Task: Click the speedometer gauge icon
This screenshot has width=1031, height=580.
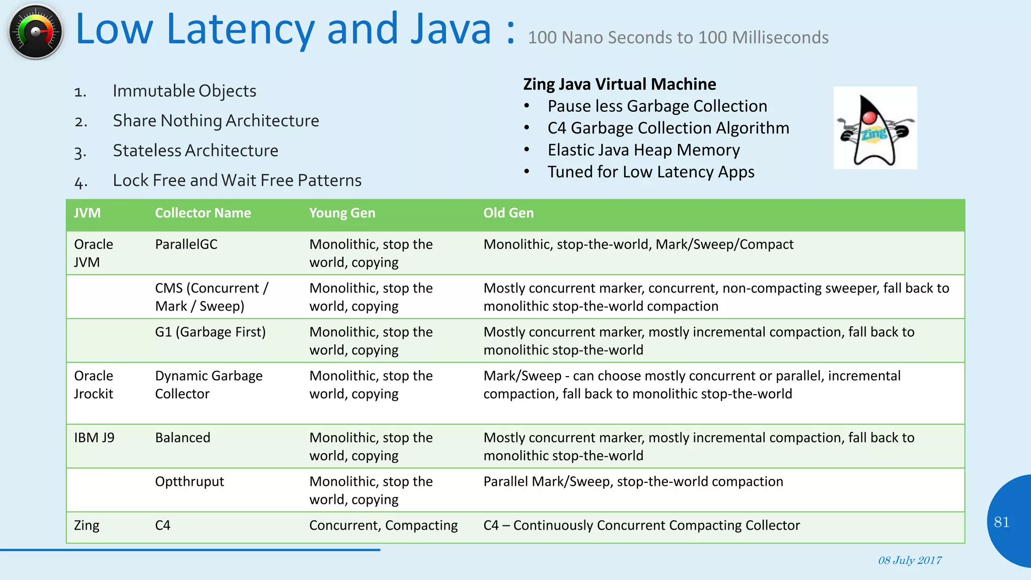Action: [x=36, y=32]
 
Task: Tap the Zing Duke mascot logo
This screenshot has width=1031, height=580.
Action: [x=875, y=128]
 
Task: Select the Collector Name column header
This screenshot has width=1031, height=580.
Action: [x=202, y=213]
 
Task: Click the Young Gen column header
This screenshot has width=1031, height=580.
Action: [x=342, y=213]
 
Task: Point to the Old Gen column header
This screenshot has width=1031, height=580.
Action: [x=508, y=213]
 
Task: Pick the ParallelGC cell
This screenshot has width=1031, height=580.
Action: [x=186, y=244]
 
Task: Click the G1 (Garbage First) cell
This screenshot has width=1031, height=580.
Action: [x=210, y=332]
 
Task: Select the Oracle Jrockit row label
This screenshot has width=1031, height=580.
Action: [x=94, y=385]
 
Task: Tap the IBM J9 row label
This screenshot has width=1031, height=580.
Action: [x=94, y=438]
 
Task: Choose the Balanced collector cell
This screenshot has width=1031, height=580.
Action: [x=182, y=438]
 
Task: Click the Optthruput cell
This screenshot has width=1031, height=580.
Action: [x=189, y=481]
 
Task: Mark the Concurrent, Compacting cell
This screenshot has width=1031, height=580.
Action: [x=383, y=525]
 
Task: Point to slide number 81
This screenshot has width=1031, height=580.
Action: [x=1001, y=522]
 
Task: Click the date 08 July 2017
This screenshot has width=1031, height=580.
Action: [x=910, y=560]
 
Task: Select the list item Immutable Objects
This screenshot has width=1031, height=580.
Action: [x=184, y=91]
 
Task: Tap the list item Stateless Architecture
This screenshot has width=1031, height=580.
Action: [x=195, y=151]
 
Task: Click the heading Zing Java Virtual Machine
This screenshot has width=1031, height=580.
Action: [x=619, y=84]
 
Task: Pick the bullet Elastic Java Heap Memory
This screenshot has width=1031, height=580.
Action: [x=643, y=150]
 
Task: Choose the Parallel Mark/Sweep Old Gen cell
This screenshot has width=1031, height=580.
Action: [x=633, y=481]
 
